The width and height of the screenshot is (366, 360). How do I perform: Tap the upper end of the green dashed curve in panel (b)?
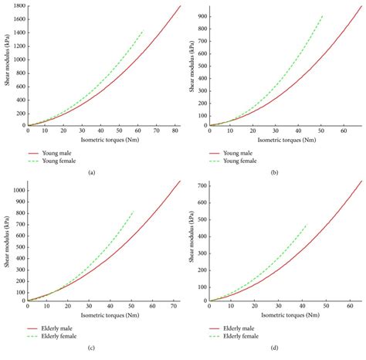click(x=323, y=15)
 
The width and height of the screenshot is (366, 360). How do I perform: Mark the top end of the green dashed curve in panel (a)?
click(x=144, y=31)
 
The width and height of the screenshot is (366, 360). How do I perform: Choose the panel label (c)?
click(x=91, y=348)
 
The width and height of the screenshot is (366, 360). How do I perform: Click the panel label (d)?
click(x=273, y=348)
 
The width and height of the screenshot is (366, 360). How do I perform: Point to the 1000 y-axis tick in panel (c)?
click(x=18, y=190)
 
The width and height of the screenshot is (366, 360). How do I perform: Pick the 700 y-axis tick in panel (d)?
click(x=201, y=185)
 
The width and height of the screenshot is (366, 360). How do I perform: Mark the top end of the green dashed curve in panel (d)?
click(x=307, y=225)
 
